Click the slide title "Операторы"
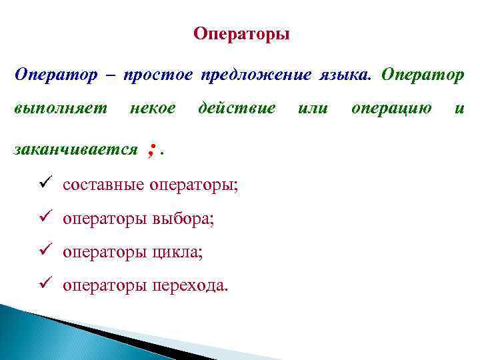[241, 34]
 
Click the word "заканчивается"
[75, 149]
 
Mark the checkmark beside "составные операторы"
[45, 185]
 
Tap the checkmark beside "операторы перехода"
[45, 286]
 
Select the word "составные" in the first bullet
[101, 185]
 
